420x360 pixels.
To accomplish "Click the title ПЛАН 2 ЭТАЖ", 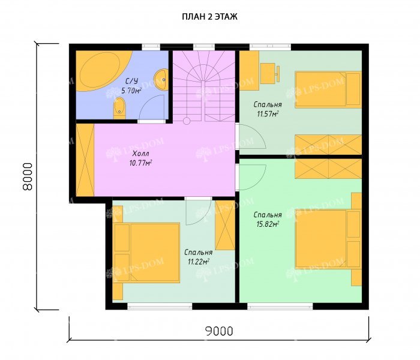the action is click(x=210, y=17).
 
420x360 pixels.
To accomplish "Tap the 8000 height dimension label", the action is click(x=28, y=176).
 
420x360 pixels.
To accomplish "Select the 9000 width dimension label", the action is click(x=219, y=331).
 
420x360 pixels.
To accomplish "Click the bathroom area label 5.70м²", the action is click(x=131, y=91).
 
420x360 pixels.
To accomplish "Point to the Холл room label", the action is click(x=140, y=154).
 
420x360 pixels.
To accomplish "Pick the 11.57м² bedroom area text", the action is click(x=268, y=115).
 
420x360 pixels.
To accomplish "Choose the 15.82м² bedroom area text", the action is click(x=268, y=224).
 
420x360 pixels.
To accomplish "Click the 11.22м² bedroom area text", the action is click(x=199, y=262).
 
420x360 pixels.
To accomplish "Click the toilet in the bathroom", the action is click(x=119, y=108).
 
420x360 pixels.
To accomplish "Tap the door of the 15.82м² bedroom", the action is click(x=251, y=178).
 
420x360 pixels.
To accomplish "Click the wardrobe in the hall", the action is click(x=85, y=160).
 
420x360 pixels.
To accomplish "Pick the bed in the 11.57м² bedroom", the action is click(x=328, y=90).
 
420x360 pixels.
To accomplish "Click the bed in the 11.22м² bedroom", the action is click(x=146, y=253).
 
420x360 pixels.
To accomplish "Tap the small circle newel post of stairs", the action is click(x=187, y=121).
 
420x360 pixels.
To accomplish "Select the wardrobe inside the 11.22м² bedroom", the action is click(x=225, y=225).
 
